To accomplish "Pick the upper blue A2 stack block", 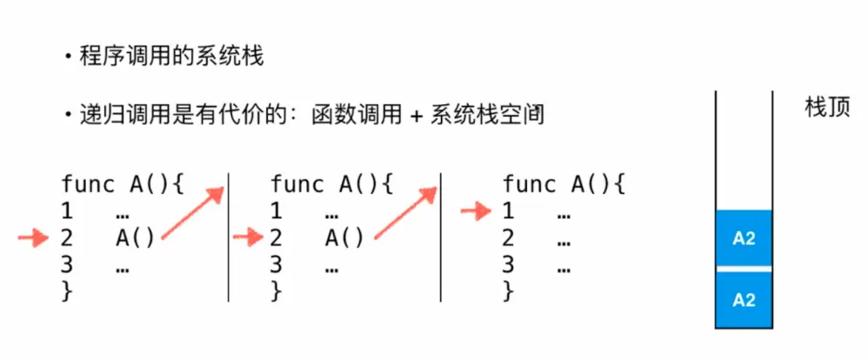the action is coord(744,238).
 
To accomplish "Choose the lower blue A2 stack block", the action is coord(744,299).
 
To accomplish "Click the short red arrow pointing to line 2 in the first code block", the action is coord(34,237).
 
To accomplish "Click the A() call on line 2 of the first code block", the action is coord(135,237).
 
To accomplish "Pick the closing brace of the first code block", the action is coord(67,292).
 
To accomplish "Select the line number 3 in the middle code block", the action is coord(276,265).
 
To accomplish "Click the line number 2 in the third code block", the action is coord(509,237).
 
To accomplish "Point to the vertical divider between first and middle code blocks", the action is coord(227,235).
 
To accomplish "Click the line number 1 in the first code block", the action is coord(67,210).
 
